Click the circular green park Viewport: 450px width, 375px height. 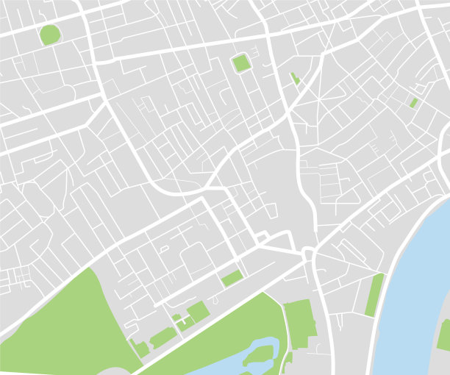click(x=50, y=35)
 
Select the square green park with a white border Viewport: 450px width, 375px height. click(x=241, y=63)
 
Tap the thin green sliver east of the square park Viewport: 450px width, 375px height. click(x=295, y=78)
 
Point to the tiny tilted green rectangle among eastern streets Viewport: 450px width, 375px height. click(x=414, y=103)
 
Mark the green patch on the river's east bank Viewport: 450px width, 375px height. click(x=444, y=335)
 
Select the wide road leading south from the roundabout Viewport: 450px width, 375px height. click(x=321, y=309)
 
